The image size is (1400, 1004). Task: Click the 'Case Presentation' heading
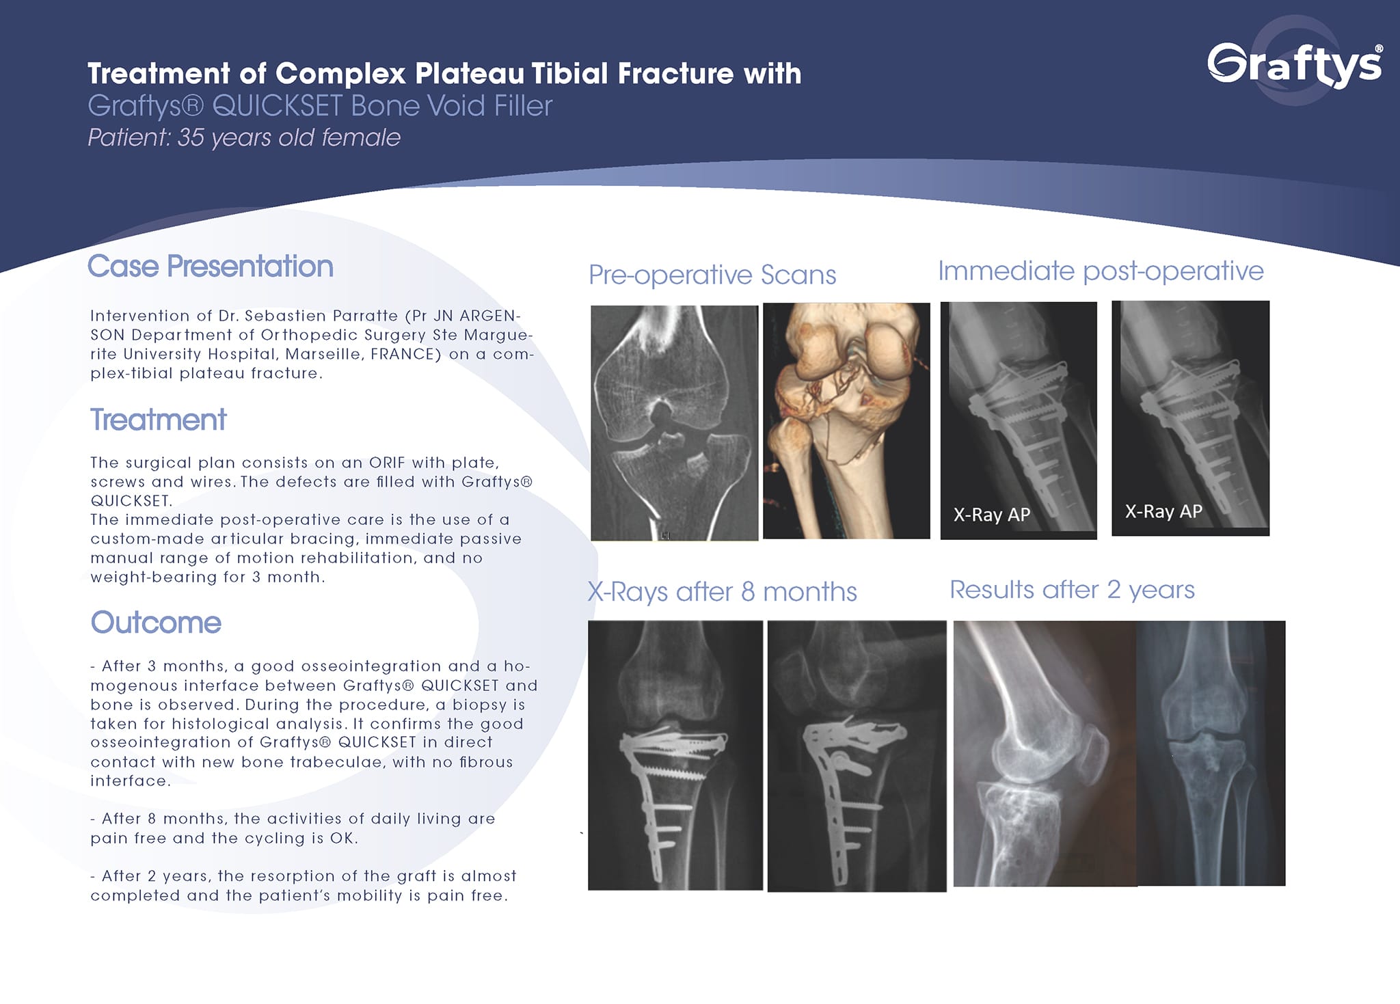[x=211, y=267]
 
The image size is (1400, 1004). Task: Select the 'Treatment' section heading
[x=158, y=420]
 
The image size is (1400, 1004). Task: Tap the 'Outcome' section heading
[x=156, y=623]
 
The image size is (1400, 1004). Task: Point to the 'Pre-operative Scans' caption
[x=712, y=275]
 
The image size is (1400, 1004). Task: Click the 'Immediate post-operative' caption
[x=1101, y=271]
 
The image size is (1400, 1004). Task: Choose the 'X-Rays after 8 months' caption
[x=722, y=592]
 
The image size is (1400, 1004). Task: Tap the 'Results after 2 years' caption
[x=1072, y=589]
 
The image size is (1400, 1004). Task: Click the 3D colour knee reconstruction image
[x=846, y=421]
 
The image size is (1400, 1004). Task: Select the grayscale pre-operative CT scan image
[x=674, y=423]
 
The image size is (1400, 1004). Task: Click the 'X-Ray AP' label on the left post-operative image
[x=991, y=515]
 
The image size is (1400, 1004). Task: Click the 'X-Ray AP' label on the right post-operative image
[x=1163, y=511]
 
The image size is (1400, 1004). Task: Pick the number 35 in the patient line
[x=191, y=138]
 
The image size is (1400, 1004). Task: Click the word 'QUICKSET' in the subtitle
[x=278, y=106]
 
